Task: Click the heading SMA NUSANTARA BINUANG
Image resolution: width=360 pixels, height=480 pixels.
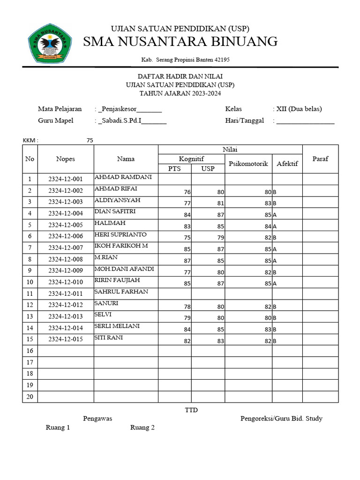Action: [x=180, y=42]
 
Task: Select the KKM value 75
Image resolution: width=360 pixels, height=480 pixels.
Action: [x=90, y=140]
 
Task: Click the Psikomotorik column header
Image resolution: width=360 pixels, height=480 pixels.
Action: [x=248, y=164]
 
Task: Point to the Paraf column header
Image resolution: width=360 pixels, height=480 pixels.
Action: [x=320, y=158]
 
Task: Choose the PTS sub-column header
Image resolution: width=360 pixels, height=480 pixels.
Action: [x=174, y=168]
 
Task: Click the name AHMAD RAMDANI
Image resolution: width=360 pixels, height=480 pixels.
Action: [x=120, y=177]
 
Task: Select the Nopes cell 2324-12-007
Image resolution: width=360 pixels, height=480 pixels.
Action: [x=66, y=247]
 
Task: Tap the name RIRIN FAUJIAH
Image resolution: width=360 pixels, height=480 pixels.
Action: [x=117, y=280]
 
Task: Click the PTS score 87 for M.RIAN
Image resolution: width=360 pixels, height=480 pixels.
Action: [x=187, y=261]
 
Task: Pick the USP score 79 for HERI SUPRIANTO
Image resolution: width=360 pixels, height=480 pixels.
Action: [x=220, y=238]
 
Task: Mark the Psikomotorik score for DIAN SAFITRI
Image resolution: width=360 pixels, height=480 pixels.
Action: [x=268, y=215]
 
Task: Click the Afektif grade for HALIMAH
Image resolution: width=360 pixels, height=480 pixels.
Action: [x=275, y=226]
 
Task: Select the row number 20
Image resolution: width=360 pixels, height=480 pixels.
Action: [x=30, y=397]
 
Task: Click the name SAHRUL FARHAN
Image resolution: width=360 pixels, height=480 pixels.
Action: [x=121, y=292]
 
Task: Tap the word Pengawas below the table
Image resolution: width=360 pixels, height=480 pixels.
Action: [x=97, y=419]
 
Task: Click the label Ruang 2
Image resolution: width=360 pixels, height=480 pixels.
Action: [x=142, y=427]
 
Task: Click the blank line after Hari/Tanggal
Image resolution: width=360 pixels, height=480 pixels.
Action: [x=305, y=121]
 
